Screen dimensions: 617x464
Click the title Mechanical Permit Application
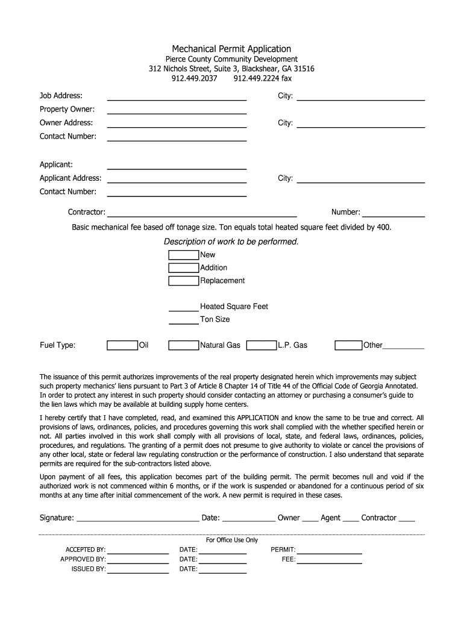coord(231,49)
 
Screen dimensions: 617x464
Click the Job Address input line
coord(177,96)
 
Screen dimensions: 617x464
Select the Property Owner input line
coord(177,110)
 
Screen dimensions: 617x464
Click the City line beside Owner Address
coord(360,124)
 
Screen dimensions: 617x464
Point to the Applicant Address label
coord(71,178)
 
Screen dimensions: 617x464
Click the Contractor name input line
coord(202,212)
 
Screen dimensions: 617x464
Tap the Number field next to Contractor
coord(393,212)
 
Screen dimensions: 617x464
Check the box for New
coord(183,255)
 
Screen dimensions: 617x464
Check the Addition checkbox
coord(183,268)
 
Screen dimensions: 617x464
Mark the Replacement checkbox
coord(183,281)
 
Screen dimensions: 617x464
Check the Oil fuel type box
coord(122,345)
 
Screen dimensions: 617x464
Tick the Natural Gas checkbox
coord(183,345)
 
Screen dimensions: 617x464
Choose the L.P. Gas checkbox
coord(262,345)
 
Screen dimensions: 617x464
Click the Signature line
coord(137,518)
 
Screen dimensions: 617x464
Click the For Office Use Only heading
coord(231,540)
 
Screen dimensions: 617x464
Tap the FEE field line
coord(329,560)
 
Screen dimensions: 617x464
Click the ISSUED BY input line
coord(138,569)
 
